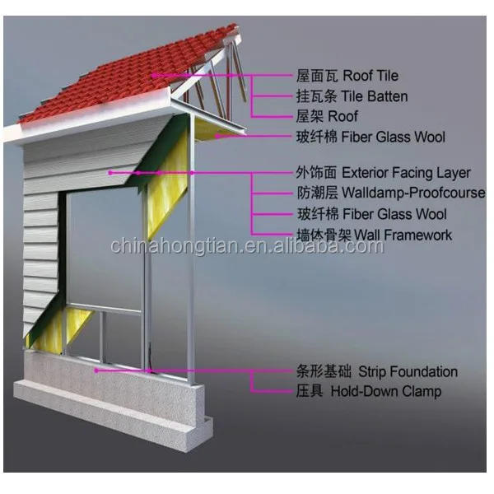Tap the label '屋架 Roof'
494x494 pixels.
327,117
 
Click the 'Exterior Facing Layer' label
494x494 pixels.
406,173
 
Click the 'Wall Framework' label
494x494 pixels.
397,235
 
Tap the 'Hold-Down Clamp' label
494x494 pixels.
385,392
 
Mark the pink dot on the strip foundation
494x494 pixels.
96,370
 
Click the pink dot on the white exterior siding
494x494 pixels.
112,173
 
